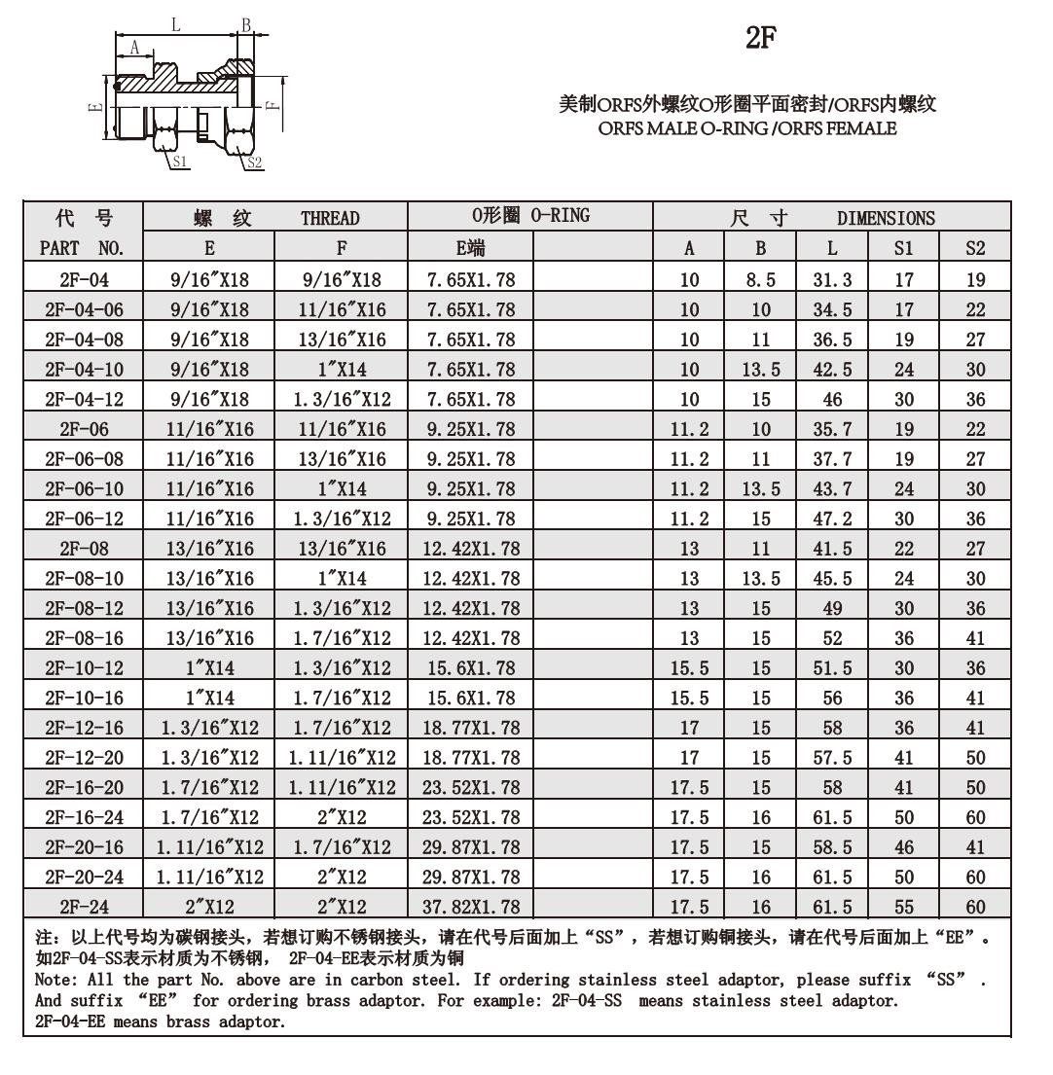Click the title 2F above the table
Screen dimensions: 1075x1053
pos(761,38)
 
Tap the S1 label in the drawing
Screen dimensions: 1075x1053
pos(180,161)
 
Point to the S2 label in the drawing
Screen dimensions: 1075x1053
pos(254,162)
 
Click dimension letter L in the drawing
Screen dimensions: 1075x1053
pos(175,25)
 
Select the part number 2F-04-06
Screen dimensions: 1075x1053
pos(84,310)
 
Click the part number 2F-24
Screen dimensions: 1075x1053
pos(84,907)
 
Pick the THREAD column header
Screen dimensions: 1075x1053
pos(330,218)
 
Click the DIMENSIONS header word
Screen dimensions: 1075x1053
pos(886,218)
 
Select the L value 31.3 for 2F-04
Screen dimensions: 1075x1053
pos(832,280)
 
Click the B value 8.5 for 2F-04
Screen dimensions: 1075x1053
pos(760,280)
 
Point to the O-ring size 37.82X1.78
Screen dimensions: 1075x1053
pos(471,907)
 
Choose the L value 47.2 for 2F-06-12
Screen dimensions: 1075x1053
pos(832,519)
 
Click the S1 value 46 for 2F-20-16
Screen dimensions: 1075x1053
pos(904,847)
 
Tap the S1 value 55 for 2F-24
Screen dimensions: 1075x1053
pos(904,907)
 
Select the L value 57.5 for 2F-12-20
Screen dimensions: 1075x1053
pos(832,758)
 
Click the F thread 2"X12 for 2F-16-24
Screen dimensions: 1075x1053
pos(342,817)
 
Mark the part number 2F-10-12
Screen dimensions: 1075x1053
pos(84,668)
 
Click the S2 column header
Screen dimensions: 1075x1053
pos(975,248)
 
